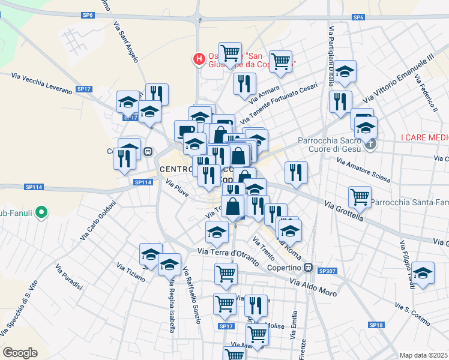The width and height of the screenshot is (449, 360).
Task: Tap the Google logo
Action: coord(20,353)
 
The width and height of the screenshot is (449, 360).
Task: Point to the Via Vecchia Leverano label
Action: coord(41,83)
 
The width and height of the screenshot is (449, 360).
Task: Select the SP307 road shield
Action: coord(327,271)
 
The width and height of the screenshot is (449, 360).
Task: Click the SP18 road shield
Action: coord(376,325)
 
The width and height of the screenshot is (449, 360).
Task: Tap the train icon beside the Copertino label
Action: coord(309,268)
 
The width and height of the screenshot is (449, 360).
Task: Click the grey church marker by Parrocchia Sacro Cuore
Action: coord(372,144)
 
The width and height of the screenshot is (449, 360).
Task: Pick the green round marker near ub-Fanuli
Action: coord(41,212)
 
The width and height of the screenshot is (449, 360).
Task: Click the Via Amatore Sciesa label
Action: coord(363,171)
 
